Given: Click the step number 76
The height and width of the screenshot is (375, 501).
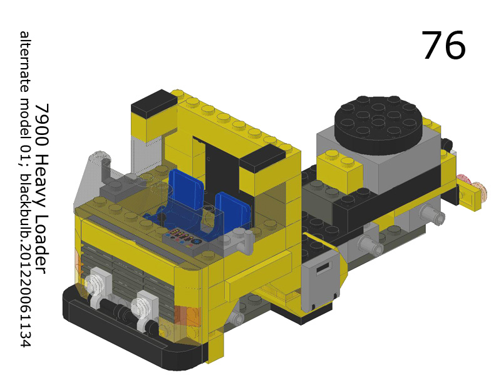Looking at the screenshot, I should [x=443, y=45].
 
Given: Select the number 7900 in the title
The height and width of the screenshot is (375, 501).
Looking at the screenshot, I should [x=41, y=121].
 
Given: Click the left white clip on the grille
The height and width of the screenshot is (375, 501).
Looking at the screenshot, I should [x=98, y=287].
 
